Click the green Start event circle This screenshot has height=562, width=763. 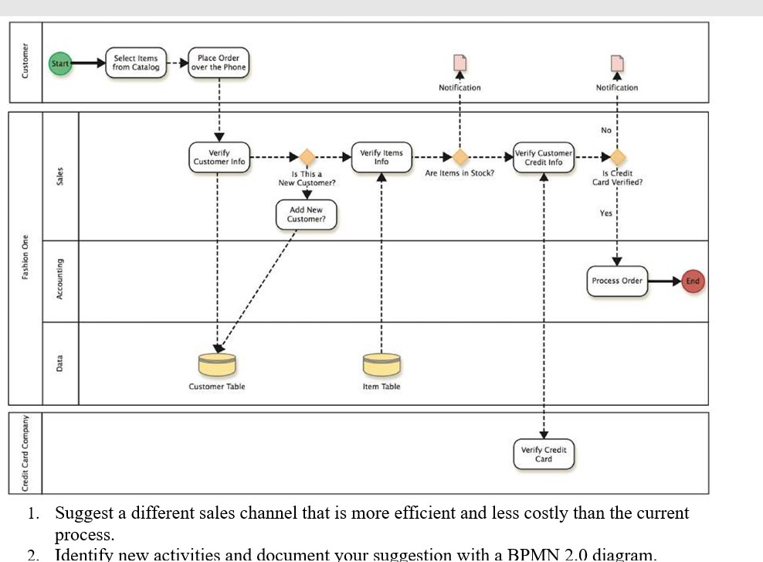[60, 63]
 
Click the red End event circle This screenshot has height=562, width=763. [692, 281]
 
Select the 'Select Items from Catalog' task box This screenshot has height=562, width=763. [135, 63]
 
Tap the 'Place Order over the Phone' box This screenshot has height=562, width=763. [219, 63]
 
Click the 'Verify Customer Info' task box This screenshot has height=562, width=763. [219, 157]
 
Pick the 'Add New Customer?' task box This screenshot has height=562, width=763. [306, 214]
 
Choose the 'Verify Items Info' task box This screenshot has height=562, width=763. [381, 157]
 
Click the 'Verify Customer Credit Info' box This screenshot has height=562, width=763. [544, 157]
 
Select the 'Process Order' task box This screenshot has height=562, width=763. [617, 281]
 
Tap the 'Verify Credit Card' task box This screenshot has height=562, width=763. [544, 454]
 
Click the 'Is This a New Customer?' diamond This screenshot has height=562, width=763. [307, 157]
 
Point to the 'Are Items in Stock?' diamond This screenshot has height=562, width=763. [459, 157]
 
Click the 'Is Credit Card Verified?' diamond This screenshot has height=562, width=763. [617, 157]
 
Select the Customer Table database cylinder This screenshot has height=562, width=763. [217, 363]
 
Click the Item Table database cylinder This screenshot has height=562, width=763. [381, 363]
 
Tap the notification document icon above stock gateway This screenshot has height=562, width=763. [459, 63]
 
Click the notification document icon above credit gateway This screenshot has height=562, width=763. [616, 63]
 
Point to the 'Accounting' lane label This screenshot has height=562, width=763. [60, 281]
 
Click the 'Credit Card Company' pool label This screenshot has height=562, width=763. [25, 453]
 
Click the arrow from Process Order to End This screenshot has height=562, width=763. [664, 281]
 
